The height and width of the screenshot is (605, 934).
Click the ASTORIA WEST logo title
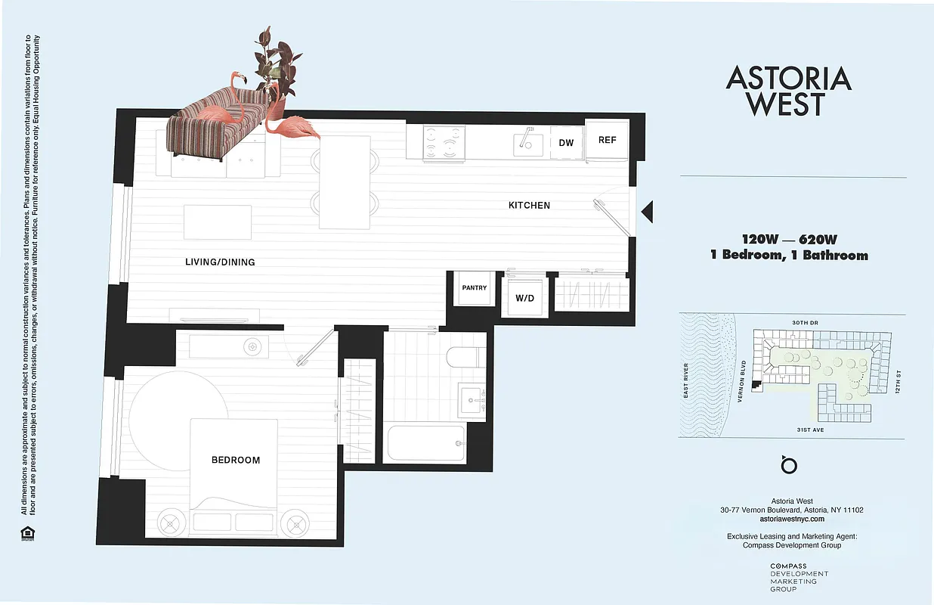click(788, 91)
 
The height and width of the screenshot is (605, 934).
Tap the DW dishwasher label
click(566, 143)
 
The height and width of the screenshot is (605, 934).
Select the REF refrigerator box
click(608, 140)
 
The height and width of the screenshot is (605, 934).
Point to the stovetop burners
click(443, 142)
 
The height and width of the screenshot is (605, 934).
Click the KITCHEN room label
click(529, 205)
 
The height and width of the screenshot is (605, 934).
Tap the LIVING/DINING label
click(220, 262)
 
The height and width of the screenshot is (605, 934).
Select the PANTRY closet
click(475, 288)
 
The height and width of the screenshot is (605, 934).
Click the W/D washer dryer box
click(524, 298)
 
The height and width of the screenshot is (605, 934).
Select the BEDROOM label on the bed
click(236, 460)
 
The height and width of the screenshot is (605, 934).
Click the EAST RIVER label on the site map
click(686, 380)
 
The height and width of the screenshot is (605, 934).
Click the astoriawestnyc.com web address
click(792, 520)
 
